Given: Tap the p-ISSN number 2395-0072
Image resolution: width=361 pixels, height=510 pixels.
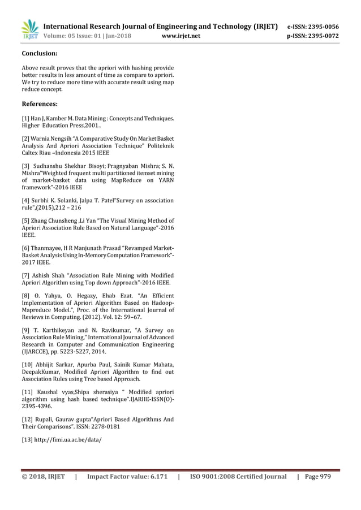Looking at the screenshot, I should click(x=321, y=37).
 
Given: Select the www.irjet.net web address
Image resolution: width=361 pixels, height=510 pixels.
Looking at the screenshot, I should click(x=181, y=37).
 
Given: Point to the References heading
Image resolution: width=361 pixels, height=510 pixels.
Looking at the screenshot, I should click(x=40, y=104).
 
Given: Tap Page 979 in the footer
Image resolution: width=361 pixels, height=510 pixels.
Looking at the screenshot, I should click(x=319, y=477).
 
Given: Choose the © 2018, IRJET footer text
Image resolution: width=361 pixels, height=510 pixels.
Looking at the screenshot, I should click(x=43, y=477).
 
